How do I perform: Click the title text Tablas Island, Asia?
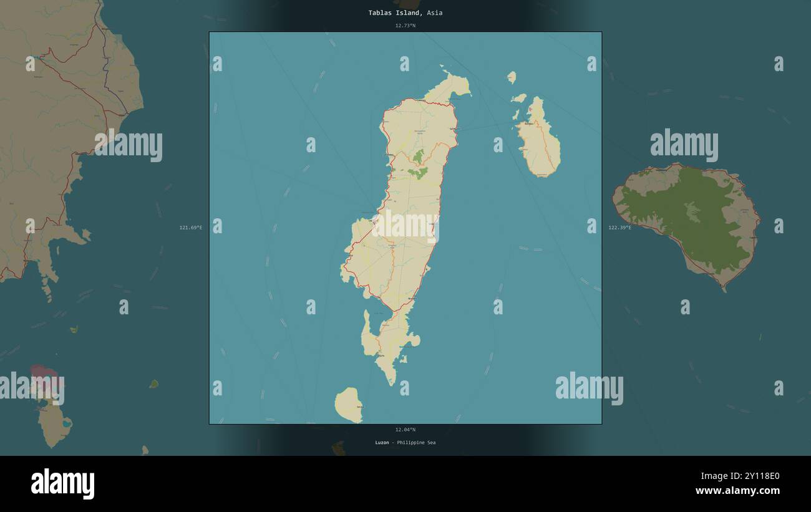click(405, 12)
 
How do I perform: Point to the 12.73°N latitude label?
click(405, 26)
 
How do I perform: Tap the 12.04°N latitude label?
click(405, 430)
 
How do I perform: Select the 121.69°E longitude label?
click(191, 228)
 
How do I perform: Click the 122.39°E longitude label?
click(619, 228)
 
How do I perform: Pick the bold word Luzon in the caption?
click(382, 443)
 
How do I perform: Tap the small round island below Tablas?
click(348, 404)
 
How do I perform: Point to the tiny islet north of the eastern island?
click(512, 77)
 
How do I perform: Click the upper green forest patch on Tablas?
click(418, 156)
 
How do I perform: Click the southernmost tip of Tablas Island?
click(391, 382)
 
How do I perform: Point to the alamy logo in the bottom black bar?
click(62, 484)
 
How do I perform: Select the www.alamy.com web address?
click(737, 491)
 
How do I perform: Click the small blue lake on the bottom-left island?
click(66, 423)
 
